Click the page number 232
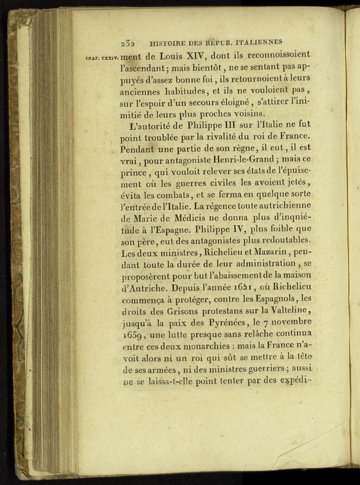(128, 43)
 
